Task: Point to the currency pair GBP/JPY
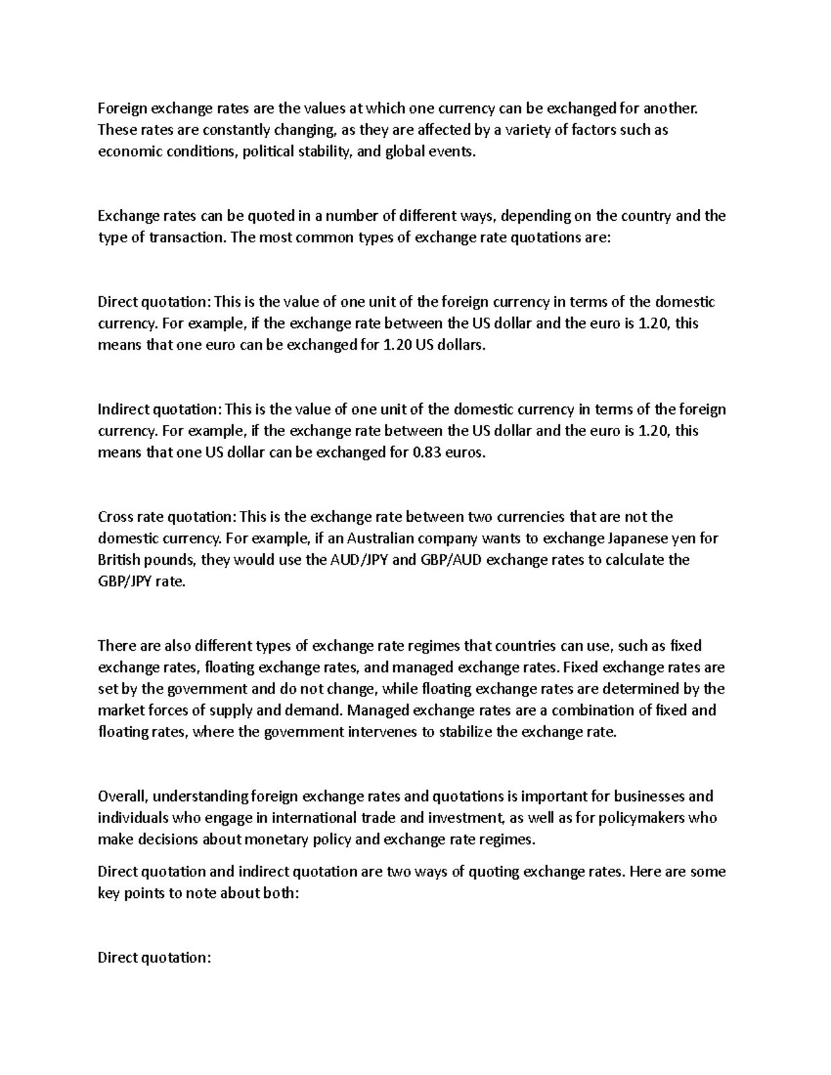(127, 581)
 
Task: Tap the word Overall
(122, 796)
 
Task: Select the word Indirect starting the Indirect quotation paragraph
(123, 409)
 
